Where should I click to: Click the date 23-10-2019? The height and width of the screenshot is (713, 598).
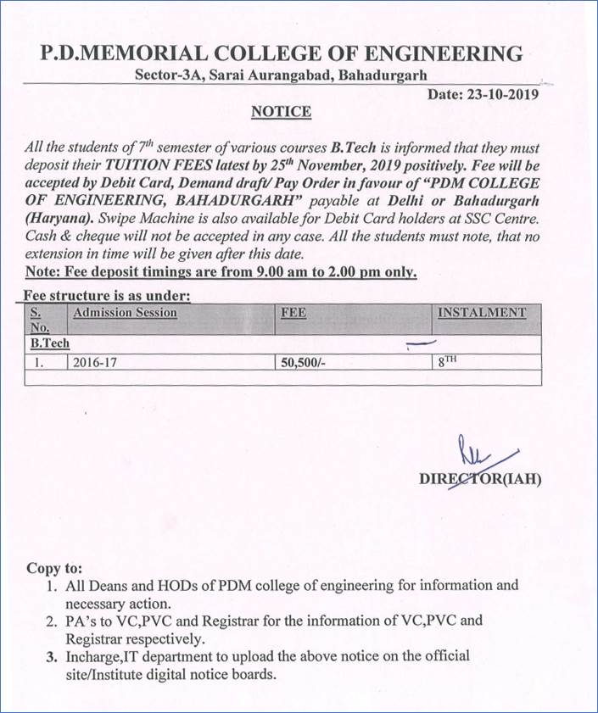[501, 95]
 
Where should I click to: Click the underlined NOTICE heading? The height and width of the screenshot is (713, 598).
[282, 112]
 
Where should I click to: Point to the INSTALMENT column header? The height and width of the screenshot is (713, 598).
[482, 313]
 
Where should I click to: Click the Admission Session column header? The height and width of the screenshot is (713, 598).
[126, 313]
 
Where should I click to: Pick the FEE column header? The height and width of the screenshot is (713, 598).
[293, 313]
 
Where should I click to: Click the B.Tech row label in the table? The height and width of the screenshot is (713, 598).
[50, 344]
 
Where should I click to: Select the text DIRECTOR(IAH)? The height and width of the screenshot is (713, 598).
[480, 479]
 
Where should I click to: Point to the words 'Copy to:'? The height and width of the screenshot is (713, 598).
[55, 568]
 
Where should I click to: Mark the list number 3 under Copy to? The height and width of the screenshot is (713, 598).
[51, 657]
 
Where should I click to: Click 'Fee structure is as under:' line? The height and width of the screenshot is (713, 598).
[109, 296]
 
